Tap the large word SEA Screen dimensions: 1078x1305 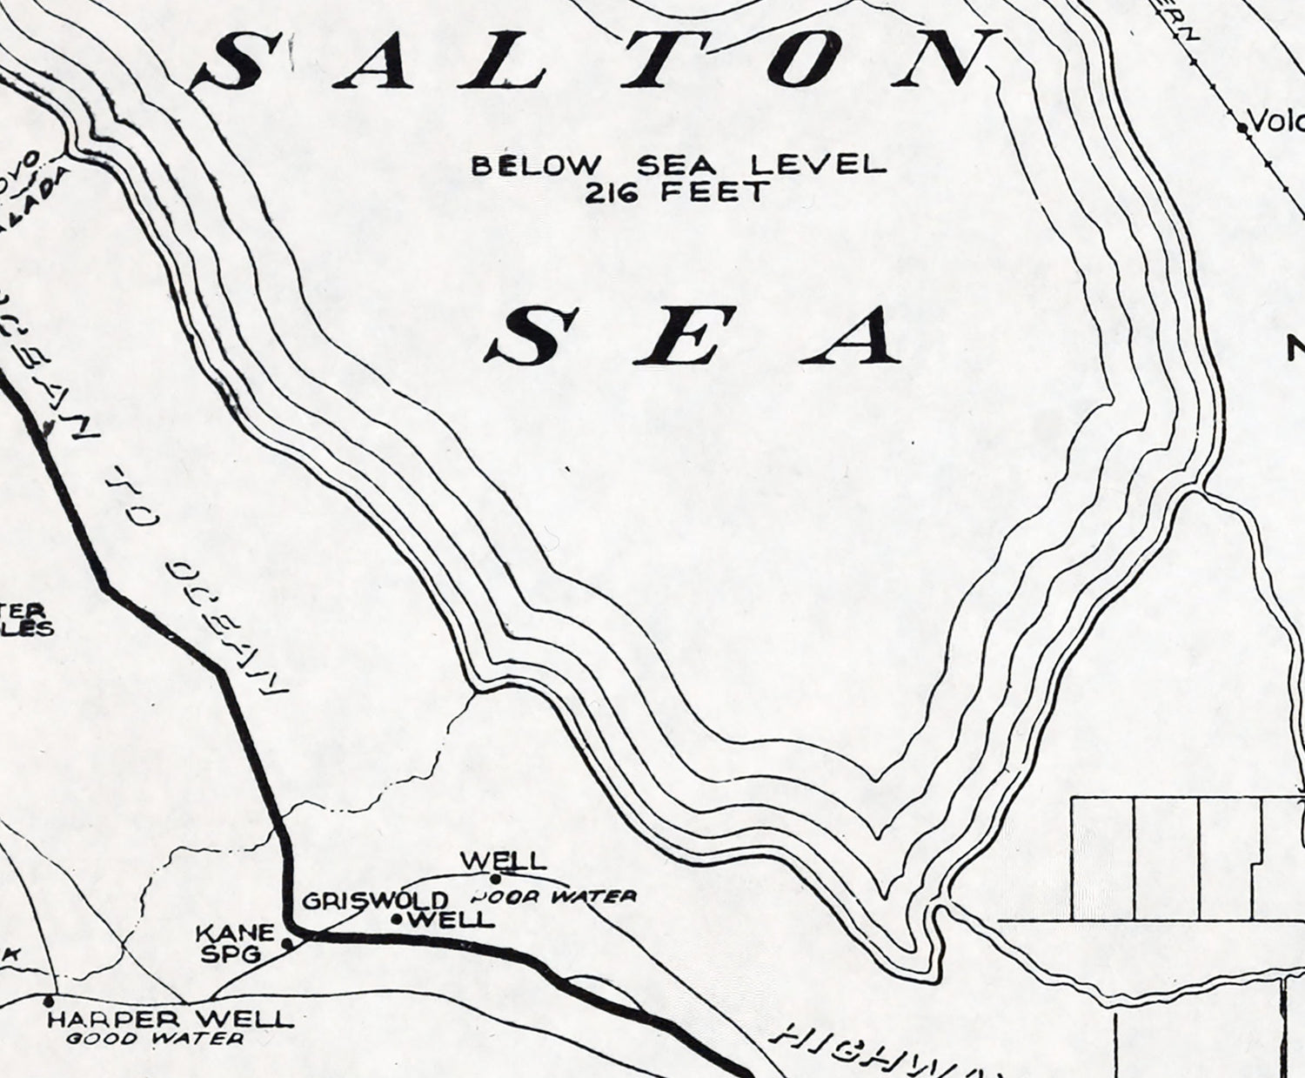click(700, 337)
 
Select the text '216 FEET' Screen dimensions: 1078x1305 click(678, 191)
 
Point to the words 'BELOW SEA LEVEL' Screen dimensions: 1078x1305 click(679, 164)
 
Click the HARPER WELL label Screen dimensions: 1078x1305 click(170, 1019)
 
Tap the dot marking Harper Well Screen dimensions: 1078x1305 click(49, 1002)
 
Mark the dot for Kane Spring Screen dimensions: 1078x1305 click(286, 941)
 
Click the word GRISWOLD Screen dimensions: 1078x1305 click(375, 901)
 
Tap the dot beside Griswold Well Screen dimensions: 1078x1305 click(396, 919)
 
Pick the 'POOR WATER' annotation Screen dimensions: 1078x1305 click(553, 895)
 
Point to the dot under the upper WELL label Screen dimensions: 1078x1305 click(496, 878)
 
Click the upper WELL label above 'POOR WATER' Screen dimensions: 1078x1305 click(504, 861)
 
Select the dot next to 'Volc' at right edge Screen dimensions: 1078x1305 click(1241, 127)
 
